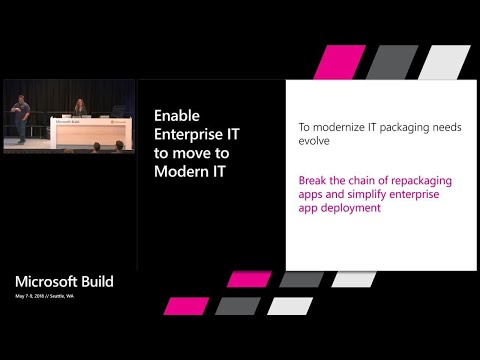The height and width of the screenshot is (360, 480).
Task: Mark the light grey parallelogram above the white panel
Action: (445, 62)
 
